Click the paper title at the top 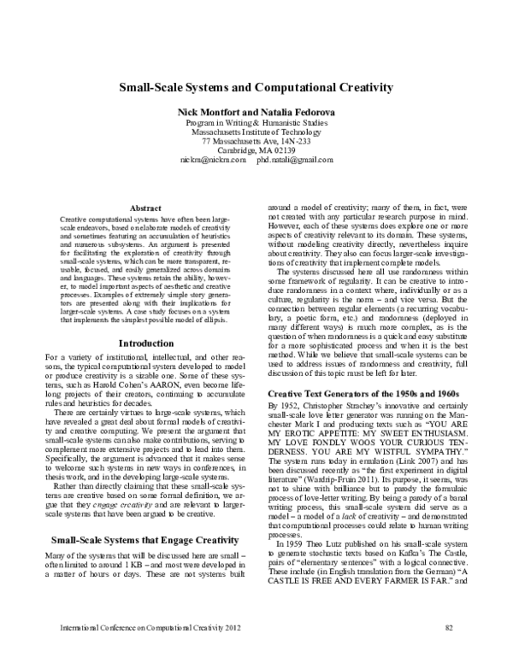(256, 86)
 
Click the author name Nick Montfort (209, 113)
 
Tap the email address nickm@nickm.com (213, 160)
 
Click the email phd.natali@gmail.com (293, 160)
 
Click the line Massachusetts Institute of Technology (256, 132)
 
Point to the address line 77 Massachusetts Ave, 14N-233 (256, 141)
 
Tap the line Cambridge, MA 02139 (256, 150)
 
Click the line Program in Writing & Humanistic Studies (256, 122)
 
